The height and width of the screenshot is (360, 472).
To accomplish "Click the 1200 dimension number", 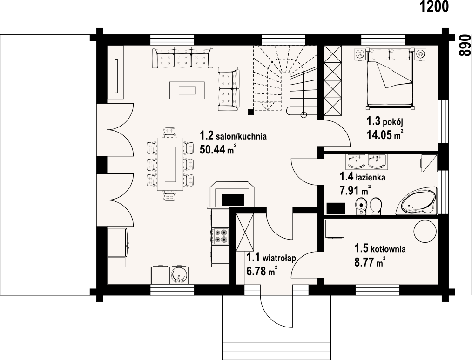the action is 433,7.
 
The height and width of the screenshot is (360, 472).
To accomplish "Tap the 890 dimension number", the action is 464,45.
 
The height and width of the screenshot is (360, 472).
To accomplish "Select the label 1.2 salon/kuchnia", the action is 233,136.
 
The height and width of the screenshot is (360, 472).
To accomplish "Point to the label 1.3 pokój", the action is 384,121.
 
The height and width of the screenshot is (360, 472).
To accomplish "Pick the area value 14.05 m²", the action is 384,135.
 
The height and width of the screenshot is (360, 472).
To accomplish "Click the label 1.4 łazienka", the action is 363,177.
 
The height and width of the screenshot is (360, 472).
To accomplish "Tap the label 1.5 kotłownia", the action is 380,249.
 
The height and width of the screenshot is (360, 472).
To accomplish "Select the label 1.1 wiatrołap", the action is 271,258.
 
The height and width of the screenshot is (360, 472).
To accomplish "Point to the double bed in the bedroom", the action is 389,78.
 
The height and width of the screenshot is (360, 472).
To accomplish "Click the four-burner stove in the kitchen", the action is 220,235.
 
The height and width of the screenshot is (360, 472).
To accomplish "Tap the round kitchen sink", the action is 179,275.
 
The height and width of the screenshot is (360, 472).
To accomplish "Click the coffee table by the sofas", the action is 187,90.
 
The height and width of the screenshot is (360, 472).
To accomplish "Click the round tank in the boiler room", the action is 425,231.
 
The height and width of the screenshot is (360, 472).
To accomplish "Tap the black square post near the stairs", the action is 250,112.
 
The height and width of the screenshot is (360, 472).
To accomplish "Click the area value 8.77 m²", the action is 370,262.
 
